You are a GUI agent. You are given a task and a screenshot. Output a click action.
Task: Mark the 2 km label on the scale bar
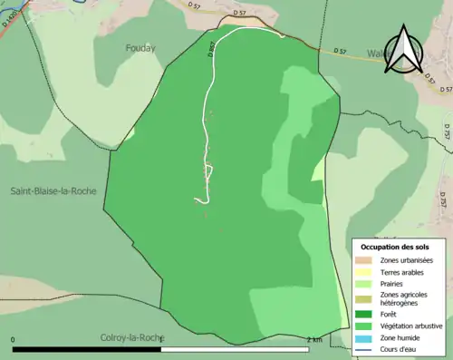[314, 340]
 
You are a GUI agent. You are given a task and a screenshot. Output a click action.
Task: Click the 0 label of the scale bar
[14, 340]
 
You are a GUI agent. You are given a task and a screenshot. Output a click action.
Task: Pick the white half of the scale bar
[239, 348]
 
